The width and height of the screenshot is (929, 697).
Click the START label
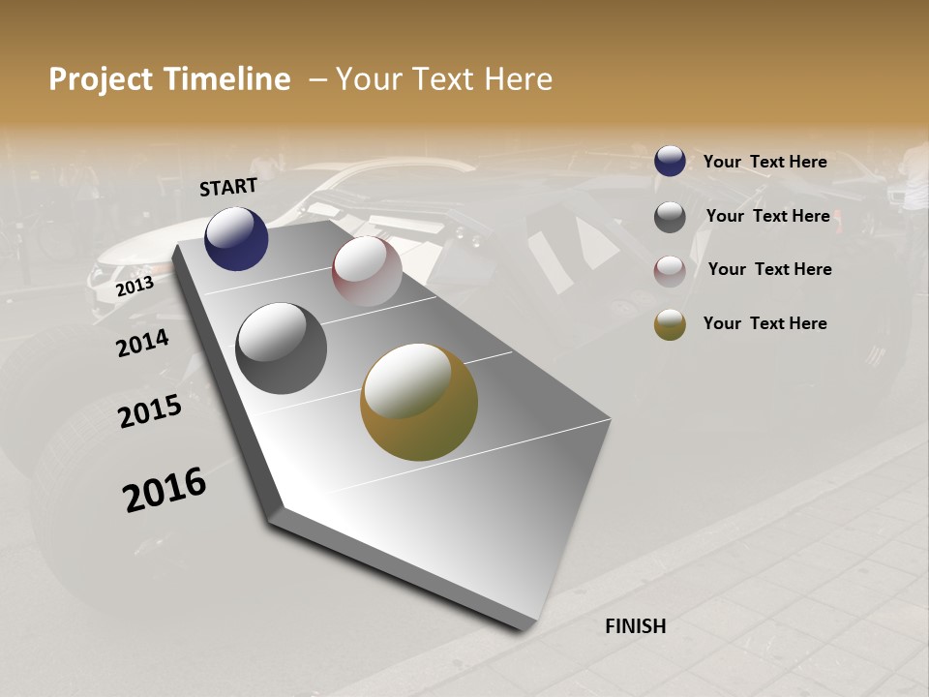(228, 187)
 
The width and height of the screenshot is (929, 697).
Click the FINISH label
(635, 626)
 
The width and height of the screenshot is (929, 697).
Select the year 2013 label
(135, 287)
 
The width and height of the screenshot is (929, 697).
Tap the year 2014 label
(143, 343)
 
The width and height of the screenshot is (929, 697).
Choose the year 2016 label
(165, 490)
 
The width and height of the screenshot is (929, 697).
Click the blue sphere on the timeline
(236, 239)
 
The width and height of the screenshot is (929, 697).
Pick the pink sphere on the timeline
(367, 271)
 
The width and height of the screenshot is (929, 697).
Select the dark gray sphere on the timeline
(281, 348)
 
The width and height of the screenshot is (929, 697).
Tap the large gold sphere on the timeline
(419, 402)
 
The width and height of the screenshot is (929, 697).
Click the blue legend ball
(670, 162)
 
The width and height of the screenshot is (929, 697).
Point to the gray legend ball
(670, 217)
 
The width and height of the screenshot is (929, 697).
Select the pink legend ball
(670, 271)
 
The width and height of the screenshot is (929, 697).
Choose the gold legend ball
(670, 324)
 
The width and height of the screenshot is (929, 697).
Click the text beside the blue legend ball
(764, 162)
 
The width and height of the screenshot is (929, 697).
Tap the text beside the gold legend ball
(764, 323)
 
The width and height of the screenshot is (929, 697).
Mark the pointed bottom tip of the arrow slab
(523, 627)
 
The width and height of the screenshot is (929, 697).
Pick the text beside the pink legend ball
(769, 269)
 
